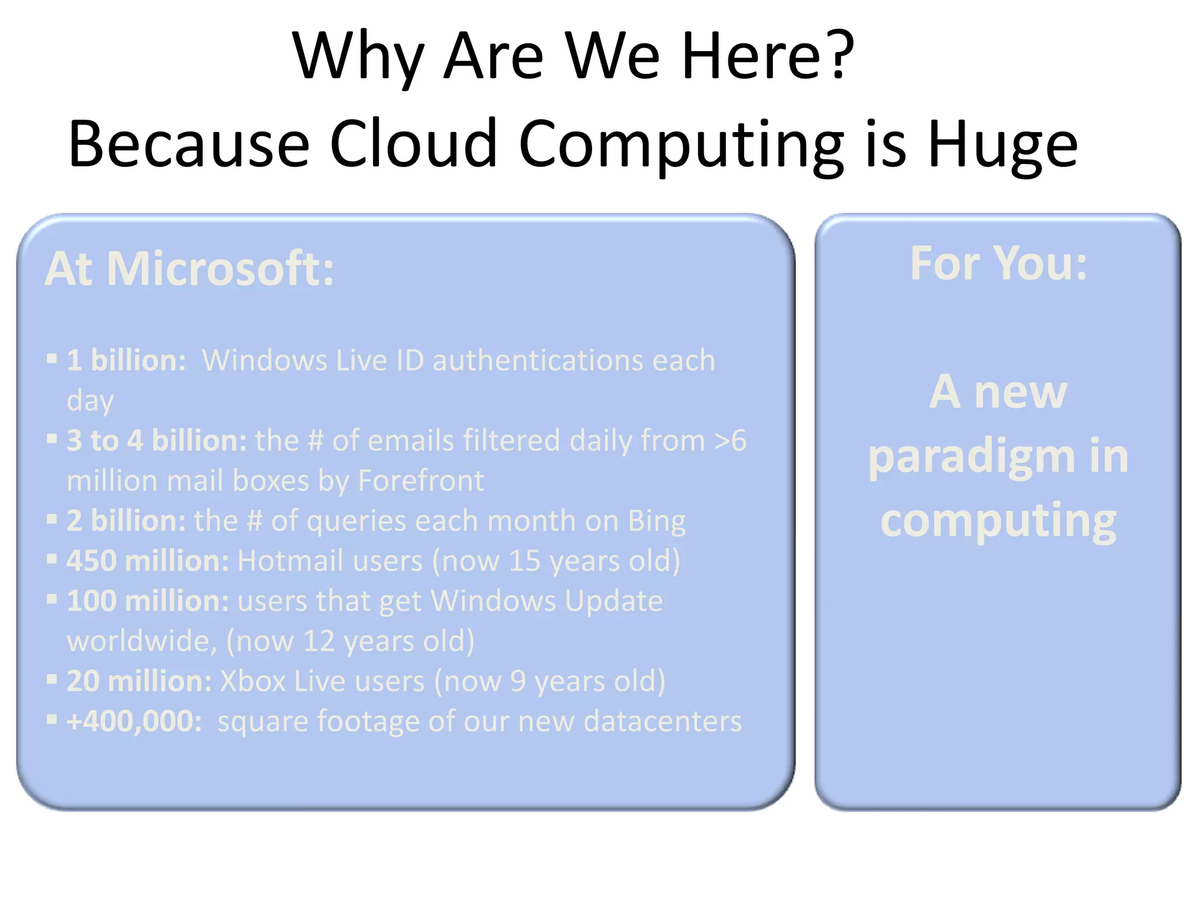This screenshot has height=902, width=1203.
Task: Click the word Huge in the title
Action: tap(1002, 145)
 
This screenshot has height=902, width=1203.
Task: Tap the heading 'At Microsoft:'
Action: tap(189, 269)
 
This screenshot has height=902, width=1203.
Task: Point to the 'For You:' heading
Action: tap(998, 264)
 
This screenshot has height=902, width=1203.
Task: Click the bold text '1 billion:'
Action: tap(126, 360)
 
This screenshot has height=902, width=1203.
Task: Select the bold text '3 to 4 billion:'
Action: tap(156, 440)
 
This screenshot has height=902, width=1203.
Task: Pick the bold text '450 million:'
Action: tap(147, 561)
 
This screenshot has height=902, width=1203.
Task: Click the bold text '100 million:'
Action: tap(147, 601)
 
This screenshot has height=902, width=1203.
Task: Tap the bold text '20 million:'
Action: tap(139, 681)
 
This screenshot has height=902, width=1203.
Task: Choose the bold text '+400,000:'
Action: tap(135, 721)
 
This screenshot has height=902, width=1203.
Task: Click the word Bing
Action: tap(656, 521)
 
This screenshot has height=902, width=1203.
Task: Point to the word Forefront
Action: tap(421, 481)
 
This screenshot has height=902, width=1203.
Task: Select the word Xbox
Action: tap(253, 681)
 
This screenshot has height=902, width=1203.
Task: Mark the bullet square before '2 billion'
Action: tap(52, 519)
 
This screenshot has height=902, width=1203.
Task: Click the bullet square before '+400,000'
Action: tap(52, 719)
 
